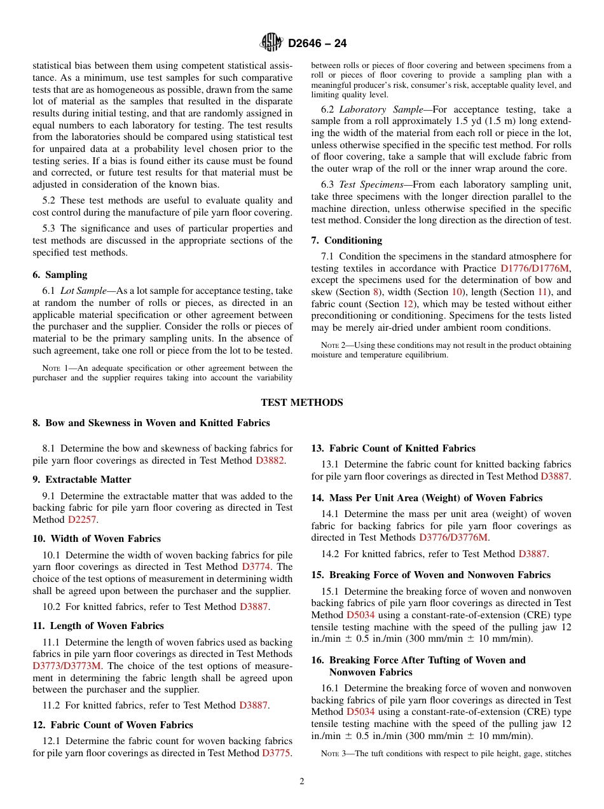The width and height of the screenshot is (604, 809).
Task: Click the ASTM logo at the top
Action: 271,43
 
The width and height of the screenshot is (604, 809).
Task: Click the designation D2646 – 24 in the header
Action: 317,44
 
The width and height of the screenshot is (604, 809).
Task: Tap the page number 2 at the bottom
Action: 302,782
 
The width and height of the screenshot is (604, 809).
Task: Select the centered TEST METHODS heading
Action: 302,403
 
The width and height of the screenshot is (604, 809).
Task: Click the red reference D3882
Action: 270,460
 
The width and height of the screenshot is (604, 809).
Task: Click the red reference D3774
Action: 257,567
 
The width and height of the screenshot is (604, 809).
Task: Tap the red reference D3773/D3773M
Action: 67,666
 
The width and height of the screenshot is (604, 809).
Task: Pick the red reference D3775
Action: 276,753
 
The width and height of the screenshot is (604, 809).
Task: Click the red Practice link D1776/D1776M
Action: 535,269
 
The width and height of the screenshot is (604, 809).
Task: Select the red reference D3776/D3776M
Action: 453,537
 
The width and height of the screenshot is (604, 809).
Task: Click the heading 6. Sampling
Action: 60,275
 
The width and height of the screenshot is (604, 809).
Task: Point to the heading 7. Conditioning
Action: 347,240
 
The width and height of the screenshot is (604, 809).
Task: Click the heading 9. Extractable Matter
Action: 82,480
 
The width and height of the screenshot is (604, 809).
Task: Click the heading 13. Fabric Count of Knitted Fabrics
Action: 393,448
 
